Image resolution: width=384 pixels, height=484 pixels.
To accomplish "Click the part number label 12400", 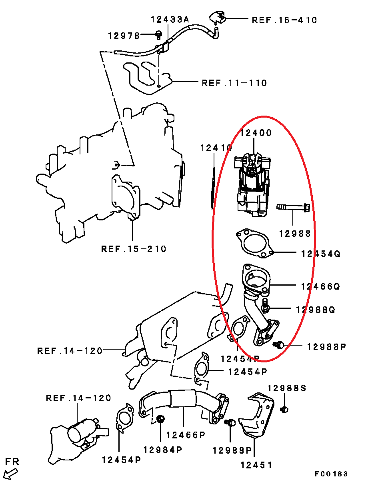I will tap(256, 133).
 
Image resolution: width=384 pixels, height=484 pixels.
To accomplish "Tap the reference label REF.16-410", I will tap(284, 20).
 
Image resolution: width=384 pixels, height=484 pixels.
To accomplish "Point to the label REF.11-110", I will tap(234, 83).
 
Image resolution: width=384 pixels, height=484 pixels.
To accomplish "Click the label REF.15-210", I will tap(134, 249).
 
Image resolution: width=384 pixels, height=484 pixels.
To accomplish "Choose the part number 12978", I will tap(124, 36).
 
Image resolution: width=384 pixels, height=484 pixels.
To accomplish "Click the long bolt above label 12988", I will tap(293, 207).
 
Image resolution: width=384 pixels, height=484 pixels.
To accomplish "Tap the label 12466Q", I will tap(320, 286).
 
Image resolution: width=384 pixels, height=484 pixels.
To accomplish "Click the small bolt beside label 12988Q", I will tap(265, 306).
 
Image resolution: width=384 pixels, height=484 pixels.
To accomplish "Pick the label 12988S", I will tap(287, 388).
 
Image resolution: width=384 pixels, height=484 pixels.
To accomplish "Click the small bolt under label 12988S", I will tap(284, 409).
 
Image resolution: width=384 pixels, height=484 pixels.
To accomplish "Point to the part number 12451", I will tap(256, 465).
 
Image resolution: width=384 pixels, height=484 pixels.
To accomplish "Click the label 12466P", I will tap(186, 435).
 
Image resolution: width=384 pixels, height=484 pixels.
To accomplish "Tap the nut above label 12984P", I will tap(160, 419).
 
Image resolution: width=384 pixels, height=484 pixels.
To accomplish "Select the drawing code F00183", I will tap(331, 474).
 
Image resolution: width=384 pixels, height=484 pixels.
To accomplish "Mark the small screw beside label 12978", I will tap(158, 35).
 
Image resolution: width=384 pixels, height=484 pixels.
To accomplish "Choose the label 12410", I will tap(216, 148).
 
